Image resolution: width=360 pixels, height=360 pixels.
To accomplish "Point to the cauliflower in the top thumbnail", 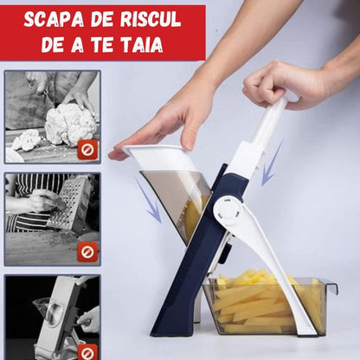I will click(67, 123).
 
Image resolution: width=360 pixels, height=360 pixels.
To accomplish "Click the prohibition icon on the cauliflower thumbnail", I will click(87, 149).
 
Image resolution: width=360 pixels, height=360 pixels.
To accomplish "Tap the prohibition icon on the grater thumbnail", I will click(87, 253).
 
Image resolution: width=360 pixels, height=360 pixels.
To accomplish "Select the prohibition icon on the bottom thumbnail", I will click(87, 351).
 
